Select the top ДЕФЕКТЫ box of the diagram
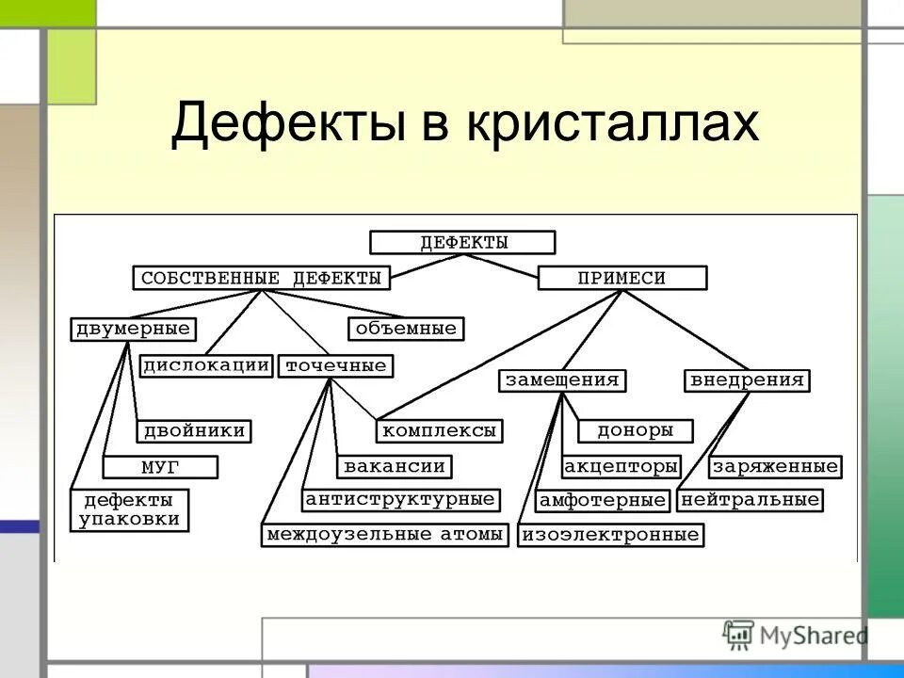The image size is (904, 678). click(462, 242)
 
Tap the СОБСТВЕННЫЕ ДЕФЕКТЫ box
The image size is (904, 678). click(261, 278)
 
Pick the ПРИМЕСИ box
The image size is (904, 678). click(621, 278)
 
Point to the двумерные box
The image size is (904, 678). click(132, 329)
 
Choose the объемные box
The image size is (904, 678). click(407, 329)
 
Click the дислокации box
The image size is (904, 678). click(206, 365)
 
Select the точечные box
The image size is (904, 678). click(335, 365)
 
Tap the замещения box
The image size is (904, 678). click(562, 380)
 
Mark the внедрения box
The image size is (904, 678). click(747, 380)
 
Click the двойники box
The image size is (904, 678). click(196, 431)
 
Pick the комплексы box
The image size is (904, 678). click(439, 431)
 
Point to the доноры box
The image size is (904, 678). click(636, 430)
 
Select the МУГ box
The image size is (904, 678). click(160, 467)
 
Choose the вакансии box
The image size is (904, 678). click(394, 466)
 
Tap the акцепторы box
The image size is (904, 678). click(621, 466)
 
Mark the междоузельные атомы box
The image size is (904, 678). click(385, 535)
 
